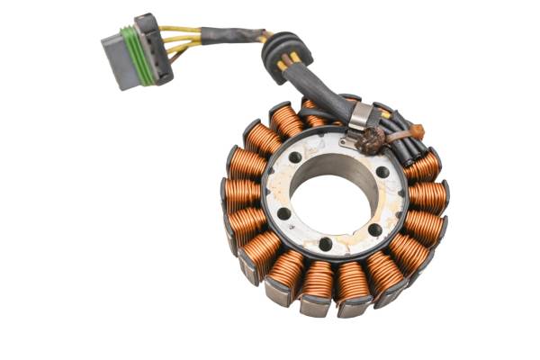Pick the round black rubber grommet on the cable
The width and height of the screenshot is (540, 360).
(285, 55)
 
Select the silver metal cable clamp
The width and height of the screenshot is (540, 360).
(359, 115)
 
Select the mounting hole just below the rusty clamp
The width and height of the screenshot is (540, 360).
(382, 171)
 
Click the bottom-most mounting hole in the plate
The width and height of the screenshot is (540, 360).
(325, 244)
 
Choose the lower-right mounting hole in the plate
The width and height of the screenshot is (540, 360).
(374, 230)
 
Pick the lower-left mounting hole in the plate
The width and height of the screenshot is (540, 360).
(284, 214)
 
